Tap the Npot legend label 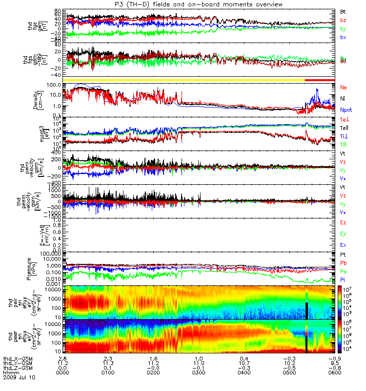pos(345,110)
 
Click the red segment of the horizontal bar pos(320,79)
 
